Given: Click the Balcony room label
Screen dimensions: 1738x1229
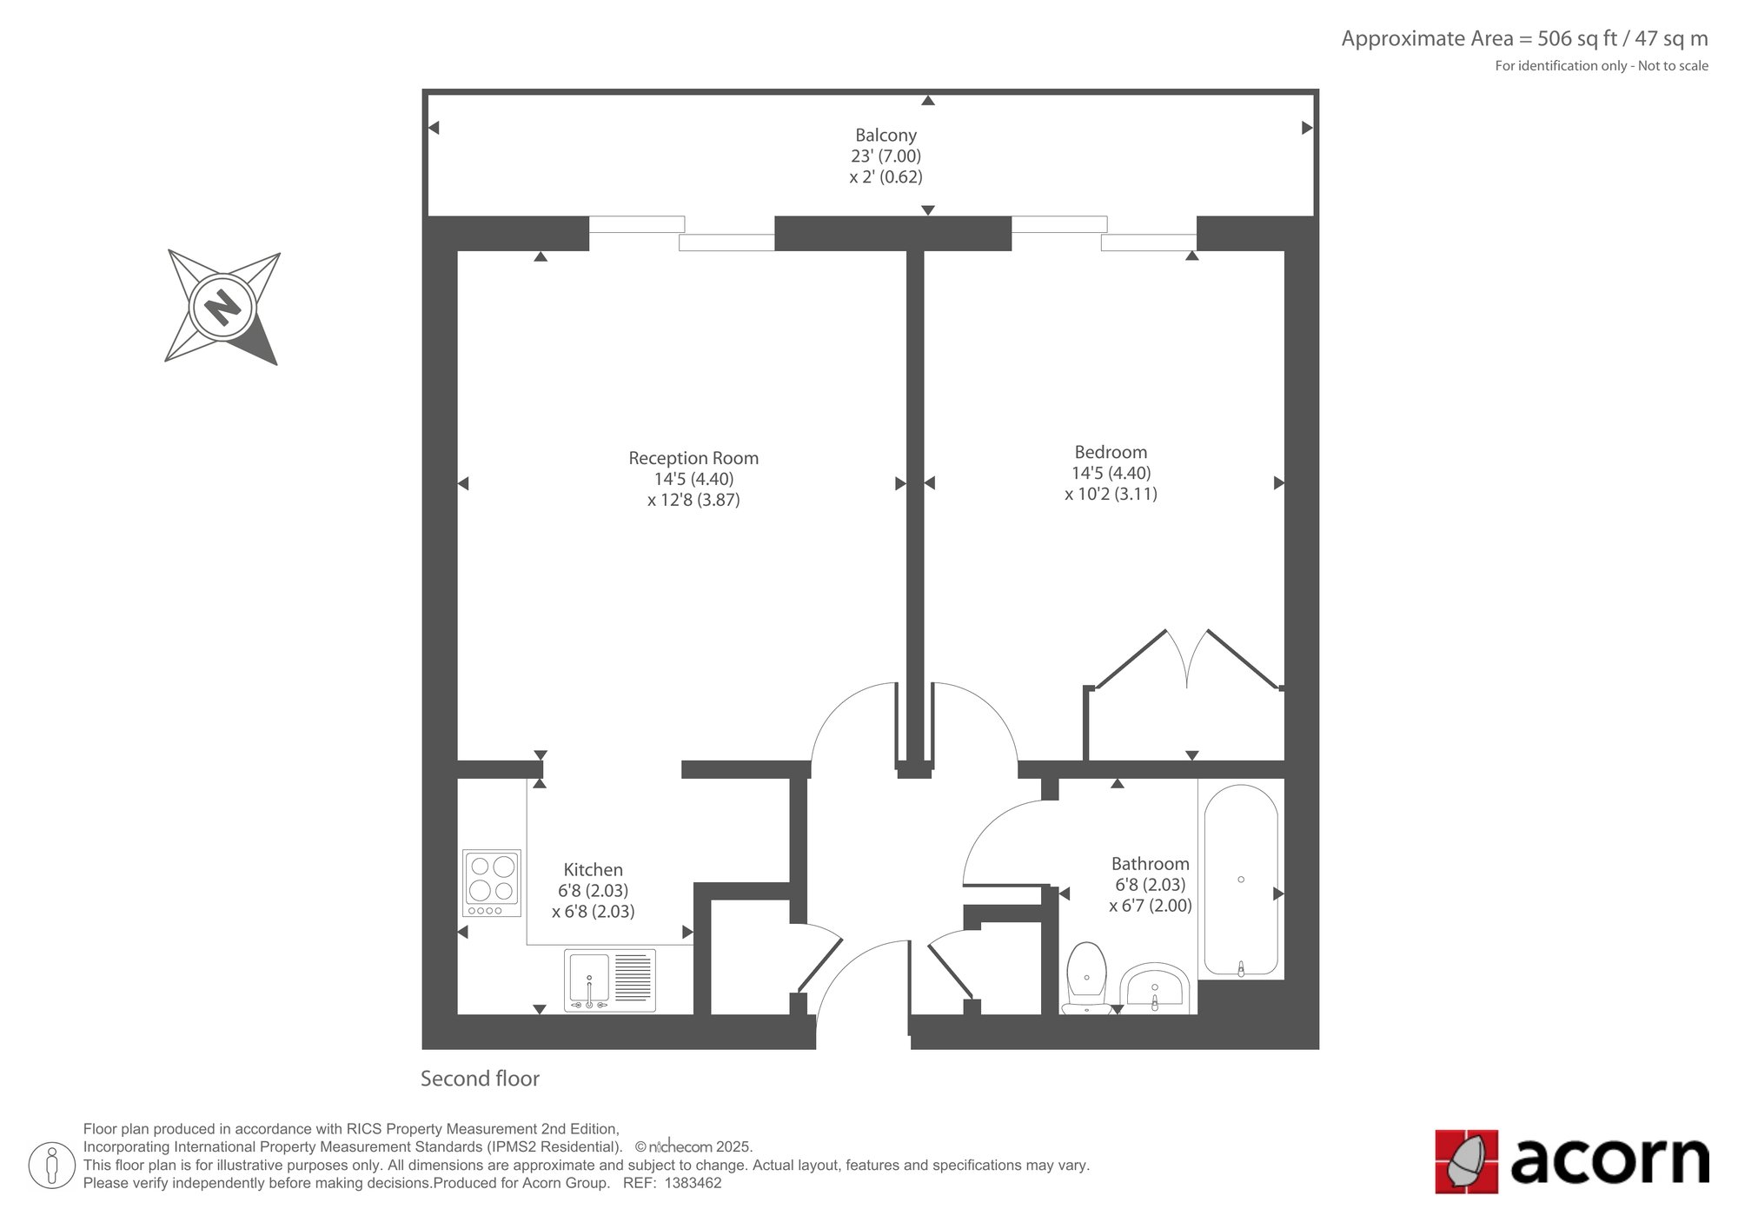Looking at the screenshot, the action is click(x=886, y=135).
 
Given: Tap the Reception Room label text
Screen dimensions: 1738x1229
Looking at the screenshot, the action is click(x=693, y=458).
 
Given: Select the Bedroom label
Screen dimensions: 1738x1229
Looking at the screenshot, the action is click(x=1111, y=452).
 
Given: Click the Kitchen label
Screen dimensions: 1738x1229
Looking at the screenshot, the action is click(x=594, y=869).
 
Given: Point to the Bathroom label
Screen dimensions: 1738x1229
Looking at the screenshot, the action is click(x=1151, y=863).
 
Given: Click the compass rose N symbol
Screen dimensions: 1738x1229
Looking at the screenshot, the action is click(x=222, y=307).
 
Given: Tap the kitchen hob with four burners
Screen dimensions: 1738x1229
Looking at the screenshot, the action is click(x=492, y=882).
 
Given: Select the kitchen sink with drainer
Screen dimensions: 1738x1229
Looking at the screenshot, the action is click(x=610, y=980).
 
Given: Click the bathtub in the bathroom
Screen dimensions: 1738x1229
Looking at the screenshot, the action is click(x=1241, y=880).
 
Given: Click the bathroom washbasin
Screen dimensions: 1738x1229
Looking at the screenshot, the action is click(x=1154, y=989).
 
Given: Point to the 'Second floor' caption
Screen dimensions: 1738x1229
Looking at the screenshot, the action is click(x=480, y=1079).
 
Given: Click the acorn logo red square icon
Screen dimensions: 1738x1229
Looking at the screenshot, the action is click(x=1467, y=1161).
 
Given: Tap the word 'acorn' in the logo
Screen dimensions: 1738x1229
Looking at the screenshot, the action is click(x=1610, y=1159).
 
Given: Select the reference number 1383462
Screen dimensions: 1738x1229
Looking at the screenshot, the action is click(x=693, y=1183).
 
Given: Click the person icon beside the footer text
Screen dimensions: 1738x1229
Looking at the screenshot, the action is click(x=52, y=1166).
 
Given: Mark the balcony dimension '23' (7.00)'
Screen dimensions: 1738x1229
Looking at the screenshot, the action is click(x=886, y=156).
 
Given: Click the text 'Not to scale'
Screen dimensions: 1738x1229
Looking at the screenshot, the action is click(x=1673, y=65).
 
